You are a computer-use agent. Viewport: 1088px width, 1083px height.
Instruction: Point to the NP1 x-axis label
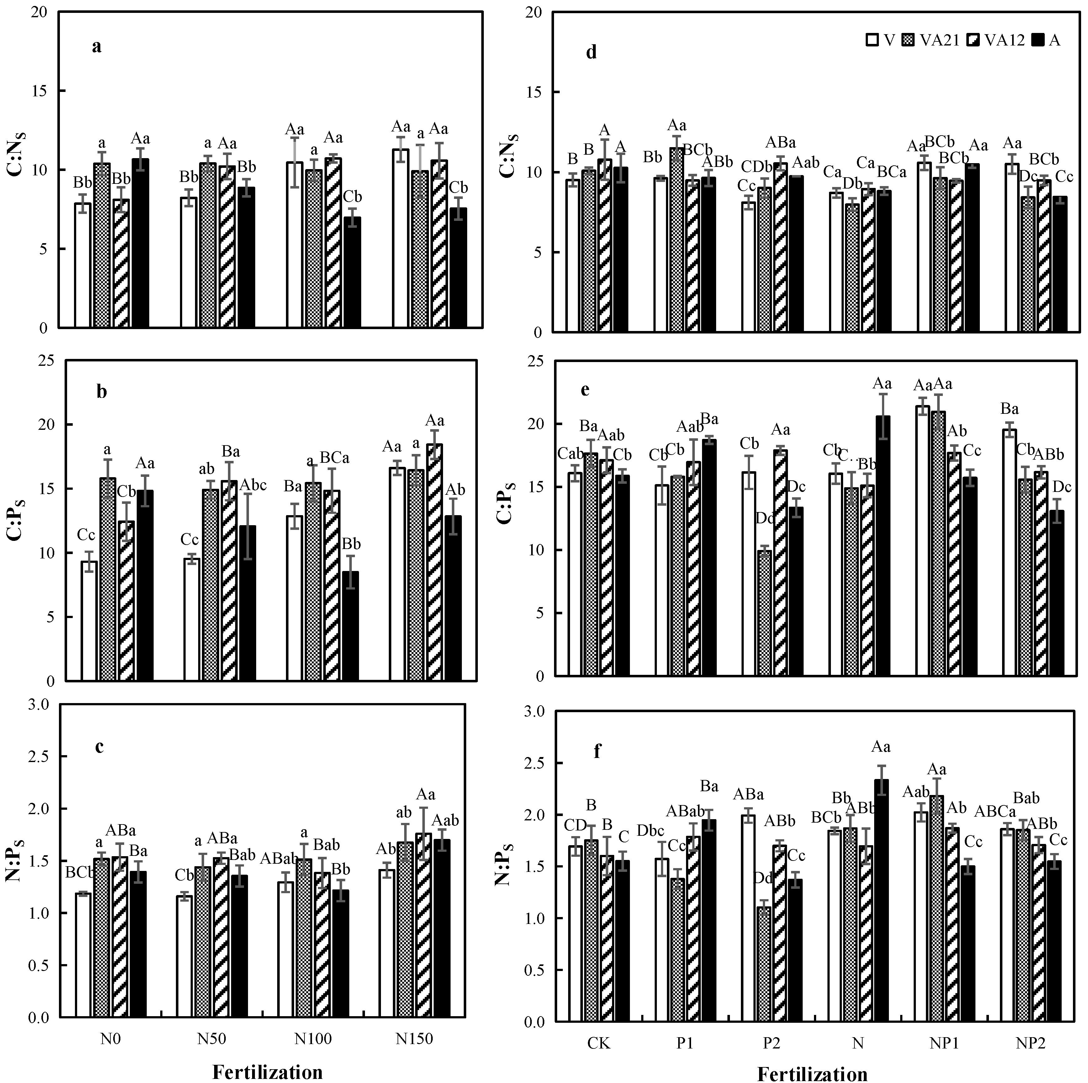point(944,1043)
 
